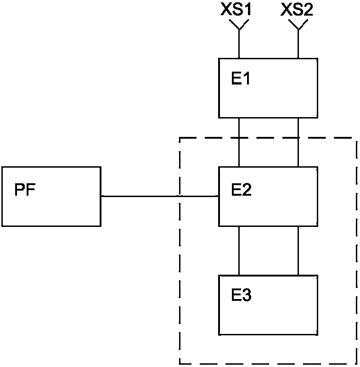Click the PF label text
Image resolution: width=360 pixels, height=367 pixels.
25,189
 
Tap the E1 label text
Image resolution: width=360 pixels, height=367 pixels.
241,78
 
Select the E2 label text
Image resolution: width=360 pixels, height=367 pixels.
241,189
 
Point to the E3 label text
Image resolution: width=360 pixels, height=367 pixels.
241,295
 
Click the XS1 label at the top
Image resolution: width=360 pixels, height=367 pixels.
236,10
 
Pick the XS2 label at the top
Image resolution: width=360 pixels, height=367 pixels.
297,10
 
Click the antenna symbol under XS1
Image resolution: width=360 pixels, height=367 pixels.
239,25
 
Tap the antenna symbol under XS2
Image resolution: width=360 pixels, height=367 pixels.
298,25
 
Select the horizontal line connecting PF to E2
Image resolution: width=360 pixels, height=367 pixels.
160,196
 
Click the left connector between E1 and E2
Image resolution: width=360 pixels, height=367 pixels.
239,142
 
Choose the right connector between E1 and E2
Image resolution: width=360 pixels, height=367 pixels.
298,142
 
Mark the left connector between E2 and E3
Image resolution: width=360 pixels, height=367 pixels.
239,251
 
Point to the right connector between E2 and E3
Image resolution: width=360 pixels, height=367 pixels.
298,251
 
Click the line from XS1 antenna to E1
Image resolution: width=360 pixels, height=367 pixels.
239,44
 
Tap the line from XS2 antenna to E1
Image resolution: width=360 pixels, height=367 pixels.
298,44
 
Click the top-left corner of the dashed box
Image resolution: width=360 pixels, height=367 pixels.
180,138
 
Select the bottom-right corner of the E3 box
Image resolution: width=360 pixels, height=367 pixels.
317,334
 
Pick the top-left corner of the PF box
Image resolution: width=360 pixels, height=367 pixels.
2,167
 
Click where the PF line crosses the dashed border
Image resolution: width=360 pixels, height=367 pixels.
180,196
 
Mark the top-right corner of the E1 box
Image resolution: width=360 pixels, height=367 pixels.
317,58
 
